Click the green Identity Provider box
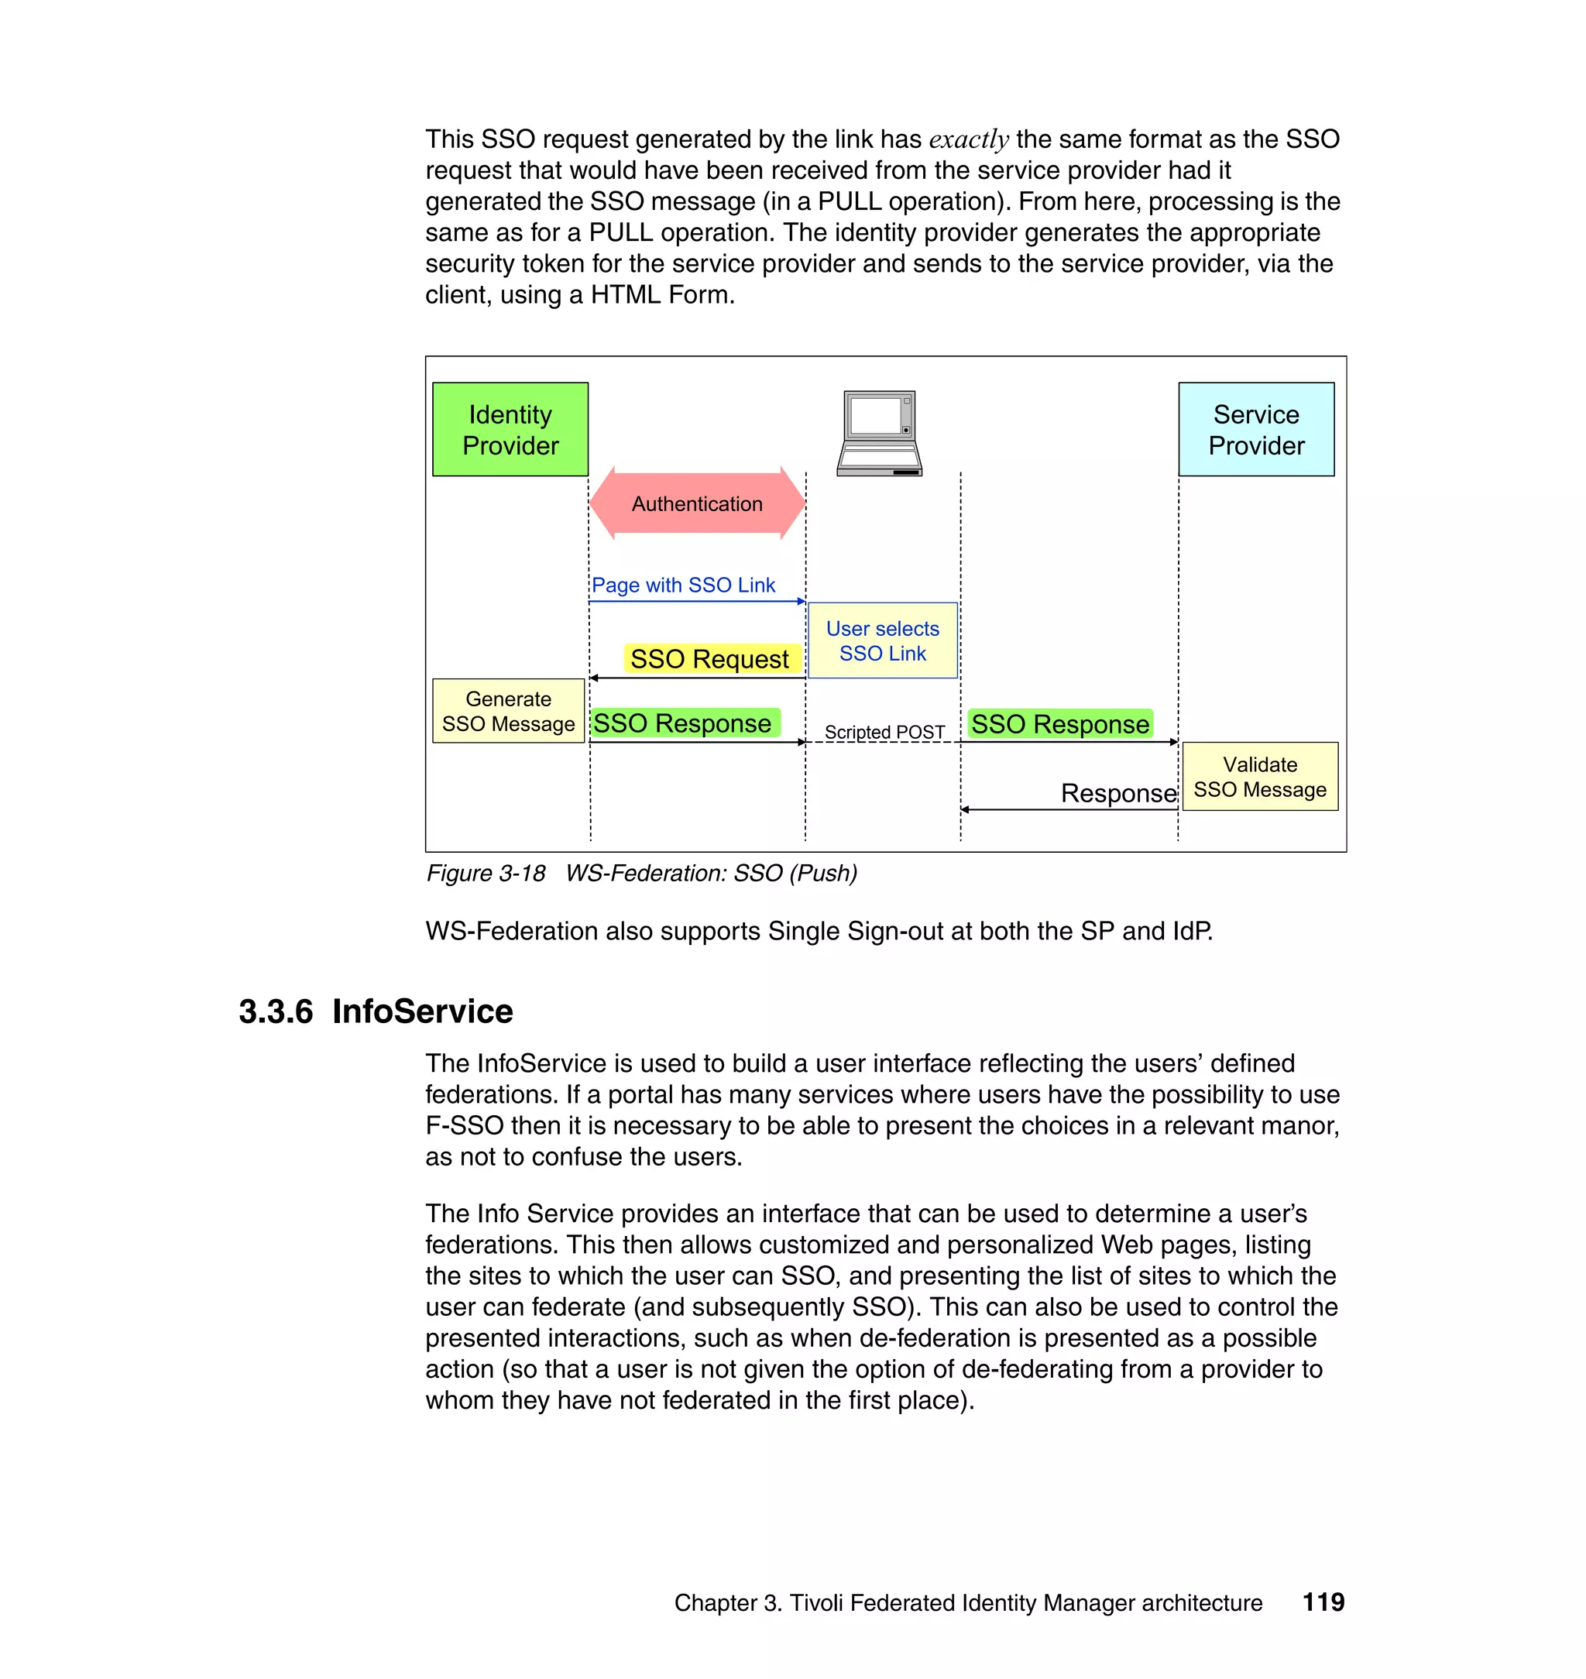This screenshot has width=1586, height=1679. (510, 430)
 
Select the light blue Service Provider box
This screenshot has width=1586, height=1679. (1255, 430)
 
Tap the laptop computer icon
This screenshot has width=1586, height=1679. (879, 433)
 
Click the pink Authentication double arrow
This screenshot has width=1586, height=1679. (698, 504)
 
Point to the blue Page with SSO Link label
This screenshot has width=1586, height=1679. (683, 585)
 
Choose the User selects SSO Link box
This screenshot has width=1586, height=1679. (883, 640)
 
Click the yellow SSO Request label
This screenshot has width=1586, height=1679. (709, 658)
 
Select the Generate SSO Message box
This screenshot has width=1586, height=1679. (508, 711)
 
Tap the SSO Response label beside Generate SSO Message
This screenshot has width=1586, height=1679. (682, 723)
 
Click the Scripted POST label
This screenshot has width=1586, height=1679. (884, 732)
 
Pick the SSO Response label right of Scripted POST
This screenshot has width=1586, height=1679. (1059, 725)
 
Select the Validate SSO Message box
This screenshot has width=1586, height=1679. (1260, 777)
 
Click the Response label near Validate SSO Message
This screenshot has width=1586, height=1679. (1117, 793)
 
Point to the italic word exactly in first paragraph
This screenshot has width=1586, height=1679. (969, 139)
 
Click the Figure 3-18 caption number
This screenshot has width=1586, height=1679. (486, 874)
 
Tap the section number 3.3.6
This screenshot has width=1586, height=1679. (276, 1012)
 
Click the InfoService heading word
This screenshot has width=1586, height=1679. (423, 1012)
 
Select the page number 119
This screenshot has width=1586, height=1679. (1323, 1602)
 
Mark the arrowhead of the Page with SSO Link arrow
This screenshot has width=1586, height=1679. (801, 602)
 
